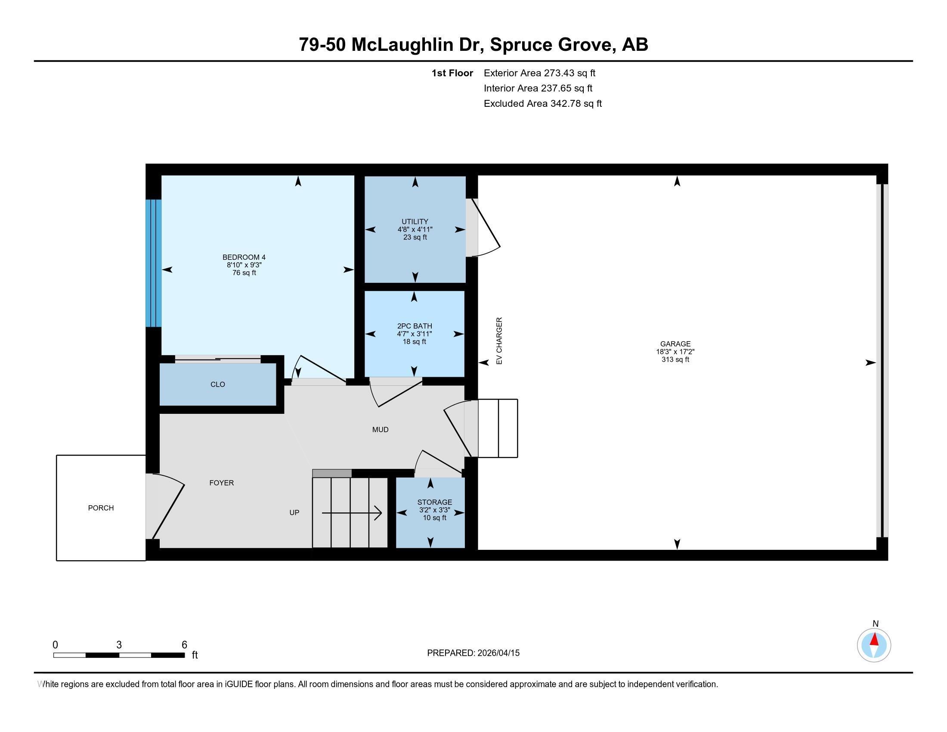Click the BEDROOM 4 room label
[x=244, y=257]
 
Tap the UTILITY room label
[x=415, y=222]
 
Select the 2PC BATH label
[x=415, y=326]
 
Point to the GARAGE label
[x=675, y=344]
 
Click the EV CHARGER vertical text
[x=499, y=341]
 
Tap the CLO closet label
[x=218, y=385]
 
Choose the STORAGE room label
[x=434, y=502]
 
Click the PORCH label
[x=101, y=508]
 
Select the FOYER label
[x=221, y=483]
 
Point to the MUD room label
[x=380, y=430]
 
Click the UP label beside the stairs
[x=294, y=512]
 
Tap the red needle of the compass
[x=874, y=639]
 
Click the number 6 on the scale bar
[x=184, y=645]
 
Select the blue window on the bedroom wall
[x=154, y=263]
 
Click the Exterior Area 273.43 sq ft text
[x=539, y=73]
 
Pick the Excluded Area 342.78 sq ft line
[x=542, y=104]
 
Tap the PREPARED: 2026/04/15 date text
[x=473, y=653]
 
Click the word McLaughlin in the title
[x=402, y=45]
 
